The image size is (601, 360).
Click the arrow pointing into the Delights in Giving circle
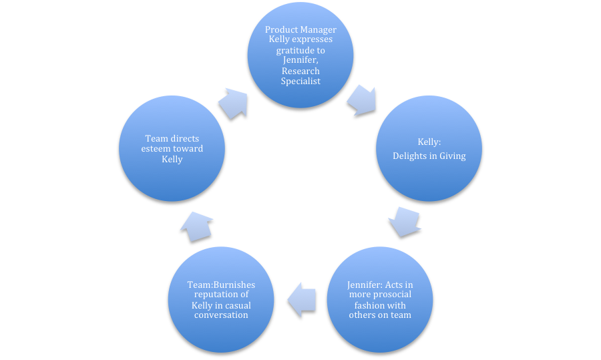[361, 100]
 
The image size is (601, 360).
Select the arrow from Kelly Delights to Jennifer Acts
[404, 221]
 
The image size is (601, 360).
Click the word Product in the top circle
[280, 30]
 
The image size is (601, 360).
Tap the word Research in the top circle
[300, 71]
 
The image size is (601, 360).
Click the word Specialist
[300, 81]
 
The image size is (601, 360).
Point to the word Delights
[417, 156]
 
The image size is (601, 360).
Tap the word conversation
[220, 315]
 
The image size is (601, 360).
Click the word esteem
[158, 149]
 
